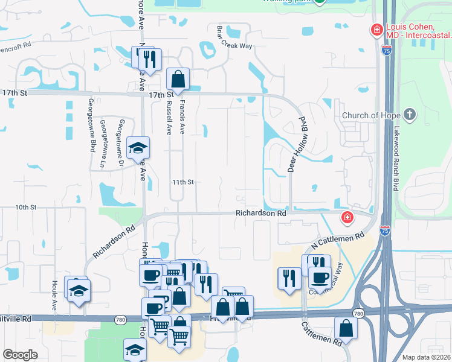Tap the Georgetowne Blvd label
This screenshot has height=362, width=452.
[92, 124]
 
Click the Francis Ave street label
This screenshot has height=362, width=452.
[182, 117]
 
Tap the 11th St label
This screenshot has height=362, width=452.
[182, 182]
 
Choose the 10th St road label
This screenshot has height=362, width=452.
[26, 207]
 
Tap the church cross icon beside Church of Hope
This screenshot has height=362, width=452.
[410, 115]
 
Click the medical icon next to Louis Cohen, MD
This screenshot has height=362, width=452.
[376, 30]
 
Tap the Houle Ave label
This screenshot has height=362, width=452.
[54, 295]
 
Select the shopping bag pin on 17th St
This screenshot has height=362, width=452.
[178, 78]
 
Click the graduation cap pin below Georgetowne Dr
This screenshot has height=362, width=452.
[138, 148]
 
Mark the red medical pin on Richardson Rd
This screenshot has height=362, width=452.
[347, 217]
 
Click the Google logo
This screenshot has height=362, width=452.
[20, 355]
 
